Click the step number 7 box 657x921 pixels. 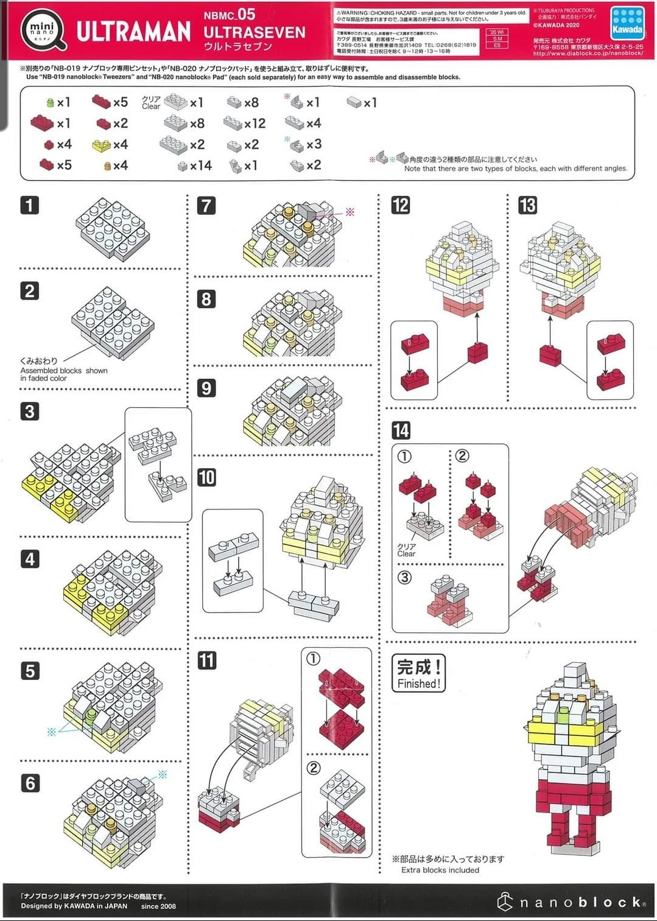click(x=206, y=205)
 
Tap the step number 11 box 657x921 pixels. click(x=207, y=660)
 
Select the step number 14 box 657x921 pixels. click(x=401, y=430)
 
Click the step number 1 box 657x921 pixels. click(x=29, y=205)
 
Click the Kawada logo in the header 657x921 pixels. click(x=627, y=23)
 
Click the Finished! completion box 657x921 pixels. click(x=418, y=673)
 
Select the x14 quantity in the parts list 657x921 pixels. click(x=200, y=166)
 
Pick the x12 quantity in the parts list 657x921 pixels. click(x=255, y=124)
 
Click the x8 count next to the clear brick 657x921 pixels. click(x=197, y=124)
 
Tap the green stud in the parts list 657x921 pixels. click(x=50, y=103)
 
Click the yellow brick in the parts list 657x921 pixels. click(x=101, y=145)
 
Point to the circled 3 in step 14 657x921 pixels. click(x=404, y=577)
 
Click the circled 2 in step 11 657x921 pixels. click(x=313, y=768)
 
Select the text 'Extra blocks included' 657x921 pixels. click(x=440, y=870)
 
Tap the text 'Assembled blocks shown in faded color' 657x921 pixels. click(x=63, y=374)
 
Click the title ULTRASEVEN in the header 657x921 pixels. click(x=254, y=32)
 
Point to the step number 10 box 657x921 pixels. click(x=206, y=477)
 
